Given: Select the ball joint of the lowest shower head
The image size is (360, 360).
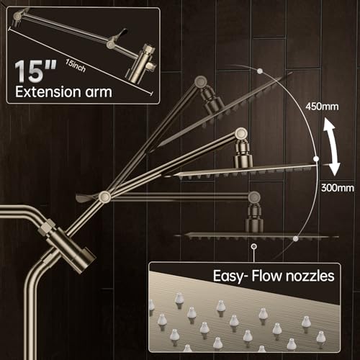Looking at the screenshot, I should click(253, 212).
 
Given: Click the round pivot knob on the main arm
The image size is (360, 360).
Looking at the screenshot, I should click(105, 197).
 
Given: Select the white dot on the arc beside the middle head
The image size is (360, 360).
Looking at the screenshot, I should click(315, 159).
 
